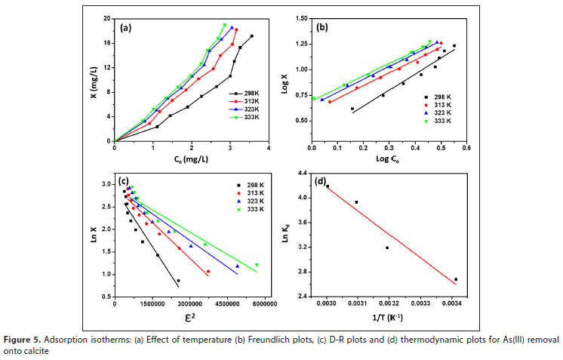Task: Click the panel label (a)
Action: [x=127, y=28]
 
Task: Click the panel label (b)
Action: [x=321, y=28]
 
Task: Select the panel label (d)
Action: [x=321, y=182]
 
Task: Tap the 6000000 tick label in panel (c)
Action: [x=263, y=303]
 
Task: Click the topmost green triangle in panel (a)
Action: [x=224, y=26]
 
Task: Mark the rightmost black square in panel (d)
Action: [x=456, y=279]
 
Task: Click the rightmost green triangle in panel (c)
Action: [x=257, y=265]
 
